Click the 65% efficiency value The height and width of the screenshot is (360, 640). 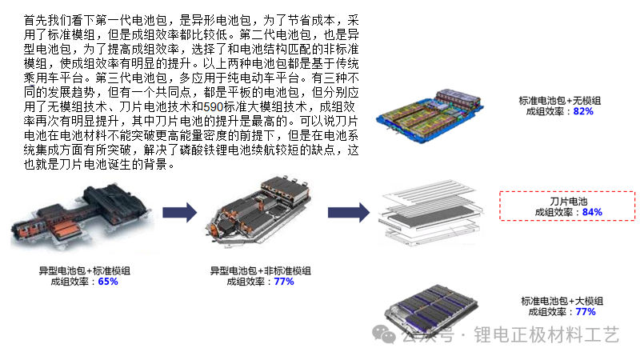coord(108,282)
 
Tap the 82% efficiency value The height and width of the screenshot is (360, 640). coord(583,111)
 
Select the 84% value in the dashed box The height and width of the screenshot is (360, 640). coord(592,212)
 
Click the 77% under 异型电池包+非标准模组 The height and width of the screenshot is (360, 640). coord(284,282)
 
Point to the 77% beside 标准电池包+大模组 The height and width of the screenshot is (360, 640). coord(586,312)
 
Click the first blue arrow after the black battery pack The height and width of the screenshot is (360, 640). coord(179,212)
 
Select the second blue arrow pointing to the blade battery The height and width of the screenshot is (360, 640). coord(349,212)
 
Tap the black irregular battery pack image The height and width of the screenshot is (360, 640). coord(81,216)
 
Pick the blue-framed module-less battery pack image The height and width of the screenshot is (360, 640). coord(430,115)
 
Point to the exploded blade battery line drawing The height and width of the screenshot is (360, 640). coord(431,213)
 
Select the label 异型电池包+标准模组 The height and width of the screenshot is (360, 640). coord(85,270)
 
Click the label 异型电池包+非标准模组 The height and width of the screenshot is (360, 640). coord(261,270)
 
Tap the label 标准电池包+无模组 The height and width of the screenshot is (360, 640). coord(559,101)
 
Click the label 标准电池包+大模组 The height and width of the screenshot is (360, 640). coord(562,302)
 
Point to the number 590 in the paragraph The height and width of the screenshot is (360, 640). coord(213,107)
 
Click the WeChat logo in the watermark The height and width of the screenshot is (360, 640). coord(384,334)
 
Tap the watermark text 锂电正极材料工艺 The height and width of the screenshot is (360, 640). coord(546,334)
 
